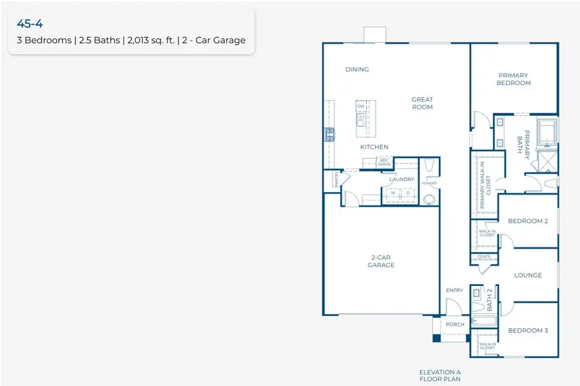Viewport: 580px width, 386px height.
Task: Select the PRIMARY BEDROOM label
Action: [x=514, y=79]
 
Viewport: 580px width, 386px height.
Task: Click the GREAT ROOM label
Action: [x=422, y=103]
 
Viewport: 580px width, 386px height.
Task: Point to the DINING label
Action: [x=356, y=70]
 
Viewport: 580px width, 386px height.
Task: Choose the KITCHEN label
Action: [x=374, y=147]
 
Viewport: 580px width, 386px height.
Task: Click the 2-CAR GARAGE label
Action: [x=381, y=261]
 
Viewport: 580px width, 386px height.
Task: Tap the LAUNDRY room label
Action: [x=401, y=179]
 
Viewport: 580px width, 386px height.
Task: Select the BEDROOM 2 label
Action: [x=527, y=221]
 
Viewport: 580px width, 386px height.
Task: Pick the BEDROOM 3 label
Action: [x=527, y=331]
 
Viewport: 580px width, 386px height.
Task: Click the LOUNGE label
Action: [x=527, y=275]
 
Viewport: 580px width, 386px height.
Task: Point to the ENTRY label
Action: [x=454, y=291]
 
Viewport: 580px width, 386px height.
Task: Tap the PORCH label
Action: [x=454, y=324]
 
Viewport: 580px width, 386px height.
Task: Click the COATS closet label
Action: [x=484, y=256]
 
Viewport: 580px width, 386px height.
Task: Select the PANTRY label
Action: [x=336, y=180]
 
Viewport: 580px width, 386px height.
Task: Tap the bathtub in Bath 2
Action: [x=483, y=321]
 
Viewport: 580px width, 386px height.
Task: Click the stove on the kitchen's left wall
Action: [x=329, y=134]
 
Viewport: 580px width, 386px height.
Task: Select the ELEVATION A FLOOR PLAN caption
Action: [x=440, y=375]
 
